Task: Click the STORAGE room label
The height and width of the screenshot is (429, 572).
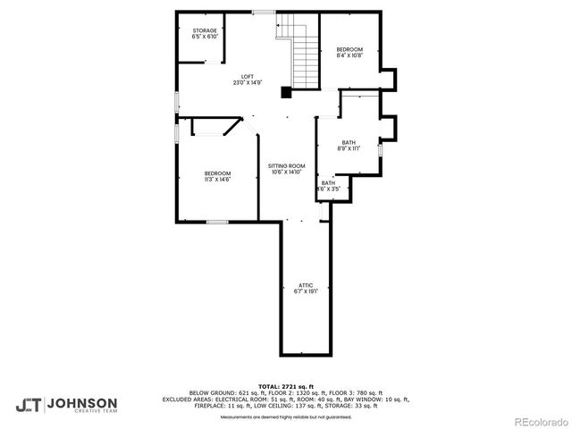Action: click(205, 30)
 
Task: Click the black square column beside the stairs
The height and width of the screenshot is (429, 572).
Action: click(286, 91)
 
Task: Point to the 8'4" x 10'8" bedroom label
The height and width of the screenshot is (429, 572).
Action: click(349, 48)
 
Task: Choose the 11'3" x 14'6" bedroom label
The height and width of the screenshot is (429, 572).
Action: click(217, 173)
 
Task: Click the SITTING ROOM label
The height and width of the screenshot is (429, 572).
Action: click(287, 166)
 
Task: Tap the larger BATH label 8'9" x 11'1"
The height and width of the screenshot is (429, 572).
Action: click(349, 142)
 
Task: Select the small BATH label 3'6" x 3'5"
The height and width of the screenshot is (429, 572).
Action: click(329, 183)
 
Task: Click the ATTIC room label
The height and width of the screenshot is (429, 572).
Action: click(306, 285)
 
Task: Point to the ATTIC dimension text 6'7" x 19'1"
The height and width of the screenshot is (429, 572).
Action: click(306, 291)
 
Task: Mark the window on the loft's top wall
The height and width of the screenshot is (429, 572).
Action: click(264, 12)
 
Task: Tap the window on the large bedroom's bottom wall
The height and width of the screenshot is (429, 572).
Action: click(217, 221)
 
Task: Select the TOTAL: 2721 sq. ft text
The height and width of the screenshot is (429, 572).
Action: click(285, 386)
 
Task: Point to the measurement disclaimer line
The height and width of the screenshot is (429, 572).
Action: click(285, 416)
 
